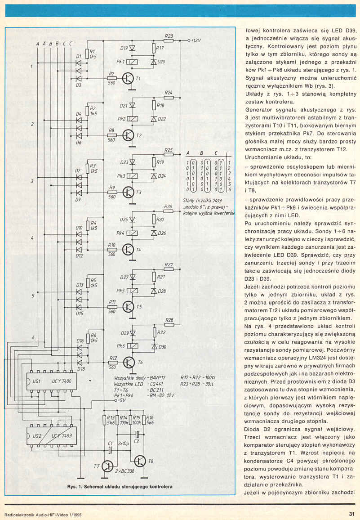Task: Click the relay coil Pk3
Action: pos(133,176)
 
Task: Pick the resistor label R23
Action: pos(169,36)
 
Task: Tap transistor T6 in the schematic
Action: pos(128,362)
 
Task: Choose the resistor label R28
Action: pos(169,320)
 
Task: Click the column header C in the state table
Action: pos(217,153)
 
